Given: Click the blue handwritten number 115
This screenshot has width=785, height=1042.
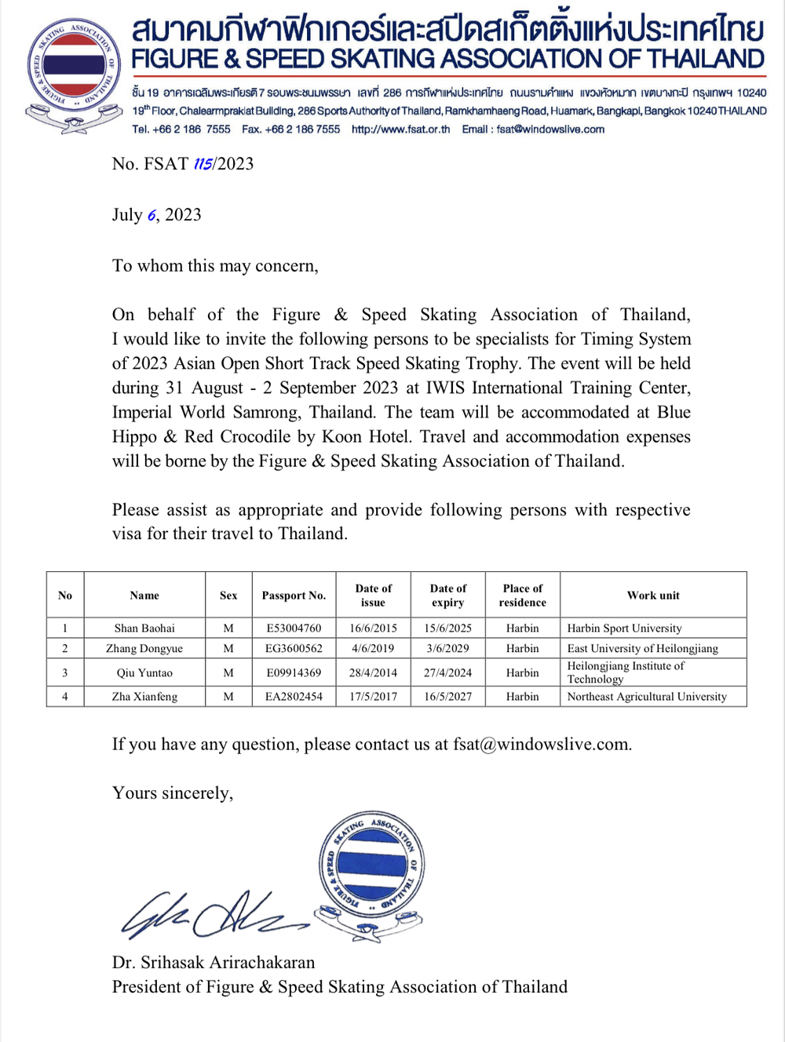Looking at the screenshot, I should [x=203, y=164].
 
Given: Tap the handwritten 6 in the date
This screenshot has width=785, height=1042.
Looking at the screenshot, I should [x=152, y=216].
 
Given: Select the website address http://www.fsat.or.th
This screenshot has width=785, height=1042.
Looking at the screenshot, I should [x=400, y=129].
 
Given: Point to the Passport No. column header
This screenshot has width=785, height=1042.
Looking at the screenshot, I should [x=294, y=596].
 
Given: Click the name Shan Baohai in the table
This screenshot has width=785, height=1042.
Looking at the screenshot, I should [x=144, y=628].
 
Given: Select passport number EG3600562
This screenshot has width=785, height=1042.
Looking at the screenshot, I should [x=294, y=649].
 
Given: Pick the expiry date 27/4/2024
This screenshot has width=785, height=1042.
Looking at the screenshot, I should [x=447, y=672].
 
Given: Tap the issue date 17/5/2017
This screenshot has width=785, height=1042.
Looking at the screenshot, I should [x=373, y=697].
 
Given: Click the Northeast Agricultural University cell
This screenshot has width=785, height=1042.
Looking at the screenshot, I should [x=647, y=697].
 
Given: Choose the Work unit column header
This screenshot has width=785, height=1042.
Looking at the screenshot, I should [x=653, y=596].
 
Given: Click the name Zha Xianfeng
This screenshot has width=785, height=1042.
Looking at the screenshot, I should [x=144, y=697].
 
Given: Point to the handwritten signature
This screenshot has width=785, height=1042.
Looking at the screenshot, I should [x=212, y=915].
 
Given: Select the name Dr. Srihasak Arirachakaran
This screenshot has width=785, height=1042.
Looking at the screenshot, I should [x=214, y=963].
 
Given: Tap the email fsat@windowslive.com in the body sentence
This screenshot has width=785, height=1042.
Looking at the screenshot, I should [x=542, y=745].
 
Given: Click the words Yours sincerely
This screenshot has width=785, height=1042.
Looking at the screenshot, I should [x=173, y=793].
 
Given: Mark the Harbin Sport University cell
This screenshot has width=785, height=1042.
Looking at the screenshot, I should [x=624, y=628].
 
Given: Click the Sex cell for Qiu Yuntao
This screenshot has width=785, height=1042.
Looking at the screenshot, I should [x=228, y=672].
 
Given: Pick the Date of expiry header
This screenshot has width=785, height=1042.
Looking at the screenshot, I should [x=447, y=596].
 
